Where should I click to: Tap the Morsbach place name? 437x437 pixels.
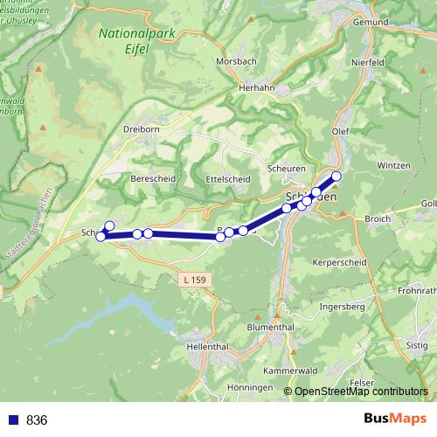pyautogui.click(x=237, y=62)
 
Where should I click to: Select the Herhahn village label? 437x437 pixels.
pyautogui.click(x=257, y=89)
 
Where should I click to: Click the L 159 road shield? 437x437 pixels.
pyautogui.click(x=196, y=280)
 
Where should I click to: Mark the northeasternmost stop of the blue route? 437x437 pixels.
pyautogui.click(x=336, y=176)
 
